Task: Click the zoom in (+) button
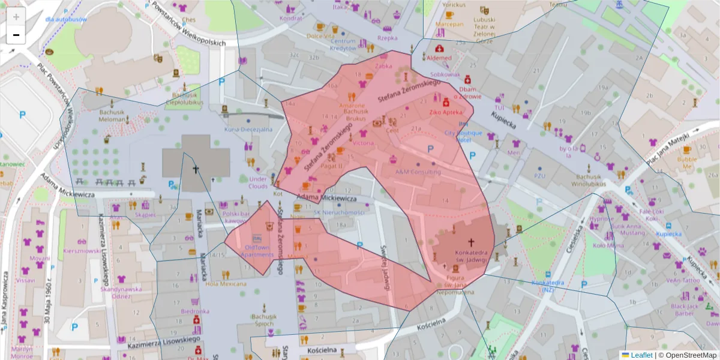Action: pos(16,17)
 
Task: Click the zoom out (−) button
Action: pos(16,35)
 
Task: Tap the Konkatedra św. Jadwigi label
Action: pos(470,256)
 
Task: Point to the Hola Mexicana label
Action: pos(226,284)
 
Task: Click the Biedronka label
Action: pos(195,311)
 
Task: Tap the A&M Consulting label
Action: pos(418,172)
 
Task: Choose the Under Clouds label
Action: pos(258,182)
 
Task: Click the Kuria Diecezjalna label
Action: pos(248,129)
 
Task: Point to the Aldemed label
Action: pos(439,58)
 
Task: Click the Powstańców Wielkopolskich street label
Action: pos(188,25)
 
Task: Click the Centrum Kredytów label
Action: pos(343,44)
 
